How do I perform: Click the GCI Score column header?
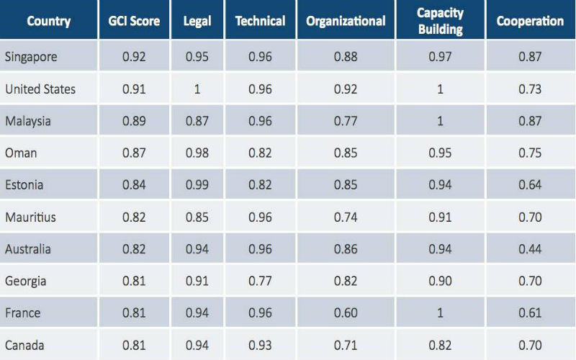point(133,21)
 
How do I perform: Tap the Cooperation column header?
point(530,21)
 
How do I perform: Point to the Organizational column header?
point(346,21)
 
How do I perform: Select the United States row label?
point(40,89)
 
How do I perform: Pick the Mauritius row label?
point(31,217)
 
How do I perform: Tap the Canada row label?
point(24,345)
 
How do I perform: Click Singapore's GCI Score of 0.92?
point(133,57)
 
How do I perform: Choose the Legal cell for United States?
point(197,89)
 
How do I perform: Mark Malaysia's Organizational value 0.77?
point(346,121)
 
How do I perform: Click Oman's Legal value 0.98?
point(197,153)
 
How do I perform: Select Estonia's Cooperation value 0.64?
point(530,185)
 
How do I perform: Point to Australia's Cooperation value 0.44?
point(530,249)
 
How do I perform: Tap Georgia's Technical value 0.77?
point(261,281)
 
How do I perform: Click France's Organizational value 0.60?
point(346,313)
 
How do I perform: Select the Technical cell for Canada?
point(261,345)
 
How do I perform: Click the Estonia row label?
point(24,185)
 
